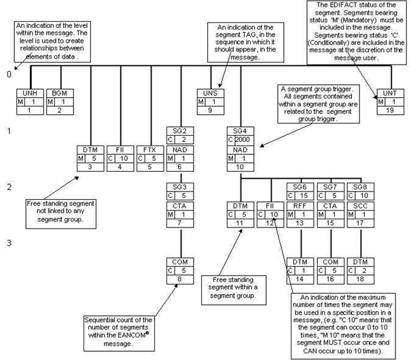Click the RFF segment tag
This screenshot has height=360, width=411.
pyautogui.click(x=299, y=204)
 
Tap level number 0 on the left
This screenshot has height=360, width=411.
pyautogui.click(x=9, y=73)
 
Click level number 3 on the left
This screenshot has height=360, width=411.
pyautogui.click(x=9, y=242)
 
